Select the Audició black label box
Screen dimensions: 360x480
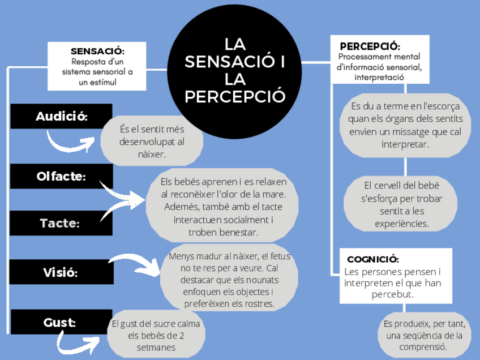(61, 116)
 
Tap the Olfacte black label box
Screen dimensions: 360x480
(61, 176)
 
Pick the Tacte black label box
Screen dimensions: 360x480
(61, 223)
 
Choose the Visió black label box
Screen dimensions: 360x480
(61, 272)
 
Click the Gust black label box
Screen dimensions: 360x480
(61, 322)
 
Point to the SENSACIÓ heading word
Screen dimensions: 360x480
(97, 52)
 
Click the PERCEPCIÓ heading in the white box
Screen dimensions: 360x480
(370, 46)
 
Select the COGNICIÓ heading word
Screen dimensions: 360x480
(373, 259)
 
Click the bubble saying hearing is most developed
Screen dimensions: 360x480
(152, 141)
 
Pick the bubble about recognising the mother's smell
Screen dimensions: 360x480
(222, 207)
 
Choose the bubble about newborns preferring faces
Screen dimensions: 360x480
(229, 280)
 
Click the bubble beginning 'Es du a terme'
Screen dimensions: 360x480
(405, 125)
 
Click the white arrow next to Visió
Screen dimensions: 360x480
(136, 263)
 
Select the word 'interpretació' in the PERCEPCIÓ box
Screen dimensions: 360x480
(379, 77)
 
